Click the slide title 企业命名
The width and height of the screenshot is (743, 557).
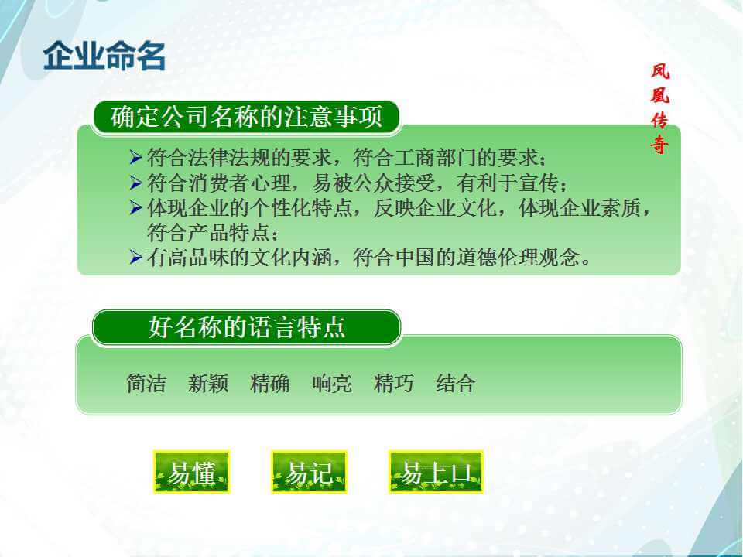pyautogui.click(x=104, y=56)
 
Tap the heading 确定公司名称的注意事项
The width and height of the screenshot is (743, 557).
pyautogui.click(x=246, y=117)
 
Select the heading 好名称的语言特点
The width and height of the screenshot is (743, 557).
pyautogui.click(x=246, y=326)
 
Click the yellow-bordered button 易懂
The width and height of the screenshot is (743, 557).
pyautogui.click(x=191, y=472)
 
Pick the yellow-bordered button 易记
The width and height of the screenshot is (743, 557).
pyautogui.click(x=309, y=472)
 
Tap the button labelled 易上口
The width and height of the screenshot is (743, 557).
pyautogui.click(x=436, y=472)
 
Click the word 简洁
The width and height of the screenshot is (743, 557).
pyautogui.click(x=146, y=383)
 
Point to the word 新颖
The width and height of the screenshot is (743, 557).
pyautogui.click(x=208, y=383)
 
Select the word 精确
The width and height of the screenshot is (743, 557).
pyautogui.click(x=269, y=383)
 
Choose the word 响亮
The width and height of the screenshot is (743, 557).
pyautogui.click(x=332, y=383)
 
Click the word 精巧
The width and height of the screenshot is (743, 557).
pyautogui.click(x=393, y=383)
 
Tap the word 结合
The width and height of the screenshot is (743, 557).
pyautogui.click(x=455, y=383)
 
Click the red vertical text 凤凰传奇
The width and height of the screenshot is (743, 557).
pyautogui.click(x=659, y=108)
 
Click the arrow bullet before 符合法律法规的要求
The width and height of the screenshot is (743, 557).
pyautogui.click(x=135, y=157)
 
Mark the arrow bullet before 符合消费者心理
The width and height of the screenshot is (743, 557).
pyautogui.click(x=135, y=183)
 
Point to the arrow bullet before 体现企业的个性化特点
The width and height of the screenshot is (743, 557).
pyautogui.click(x=135, y=207)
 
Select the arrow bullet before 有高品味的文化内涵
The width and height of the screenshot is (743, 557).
pyautogui.click(x=135, y=257)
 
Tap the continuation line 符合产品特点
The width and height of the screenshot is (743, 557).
pyautogui.click(x=212, y=232)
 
